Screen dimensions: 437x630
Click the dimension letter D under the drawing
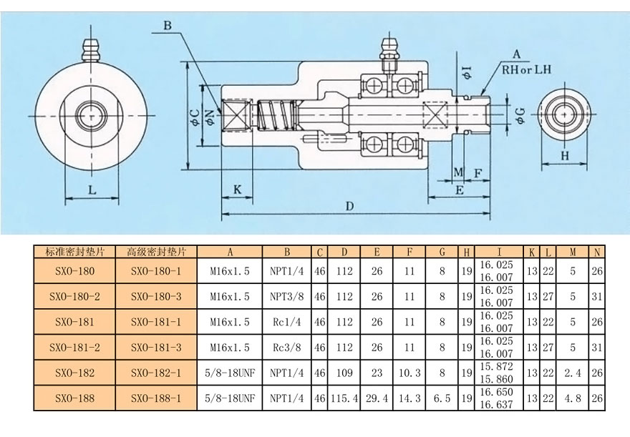point(349,206)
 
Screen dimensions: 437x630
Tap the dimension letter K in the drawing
point(238,189)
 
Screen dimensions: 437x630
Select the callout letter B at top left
point(167,26)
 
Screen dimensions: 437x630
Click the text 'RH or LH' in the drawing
point(528,70)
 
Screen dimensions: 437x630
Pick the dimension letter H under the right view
point(564,154)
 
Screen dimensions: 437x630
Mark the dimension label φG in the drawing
point(520,114)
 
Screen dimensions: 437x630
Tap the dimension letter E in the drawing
point(459,190)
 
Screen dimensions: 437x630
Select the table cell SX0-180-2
point(74,295)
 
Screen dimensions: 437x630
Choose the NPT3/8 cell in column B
point(286,295)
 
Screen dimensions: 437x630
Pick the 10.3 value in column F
point(409,372)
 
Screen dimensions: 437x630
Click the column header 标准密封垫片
point(74,252)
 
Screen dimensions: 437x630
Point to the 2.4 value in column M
point(573,372)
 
